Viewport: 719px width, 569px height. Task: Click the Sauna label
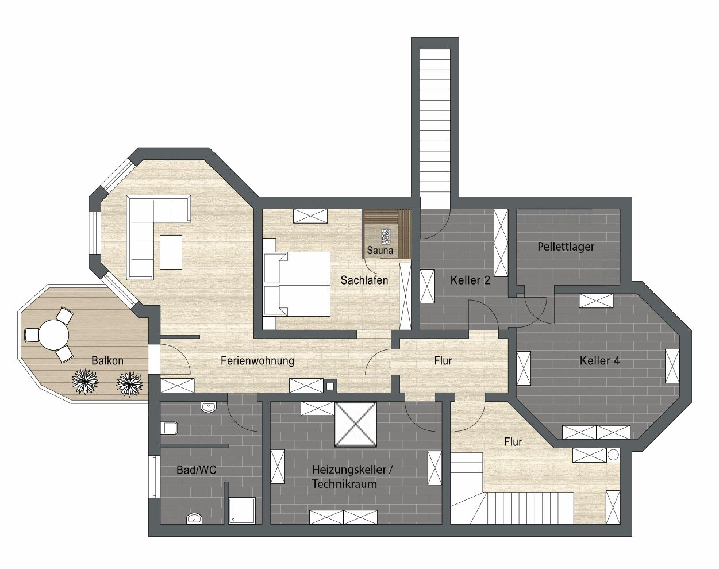click(x=380, y=250)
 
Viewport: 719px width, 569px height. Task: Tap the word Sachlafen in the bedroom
click(x=364, y=280)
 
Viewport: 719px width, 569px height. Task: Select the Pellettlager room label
click(x=566, y=247)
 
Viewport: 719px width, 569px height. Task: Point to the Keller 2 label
click(x=470, y=280)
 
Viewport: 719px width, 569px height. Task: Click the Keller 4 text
click(x=599, y=360)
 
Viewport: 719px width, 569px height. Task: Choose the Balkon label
click(x=107, y=360)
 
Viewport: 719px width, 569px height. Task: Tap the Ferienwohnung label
click(x=257, y=360)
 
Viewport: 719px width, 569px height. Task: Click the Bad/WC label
click(x=197, y=470)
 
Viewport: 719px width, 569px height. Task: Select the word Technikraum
click(x=344, y=484)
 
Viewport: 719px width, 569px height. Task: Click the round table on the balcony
click(x=53, y=335)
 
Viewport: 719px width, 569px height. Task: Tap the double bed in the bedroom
click(x=297, y=284)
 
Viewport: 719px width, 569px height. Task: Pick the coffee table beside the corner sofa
click(x=171, y=252)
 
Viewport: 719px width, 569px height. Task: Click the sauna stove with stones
click(x=386, y=238)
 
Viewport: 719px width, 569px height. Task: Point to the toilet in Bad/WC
click(x=169, y=428)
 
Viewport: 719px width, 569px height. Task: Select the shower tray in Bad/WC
click(x=242, y=511)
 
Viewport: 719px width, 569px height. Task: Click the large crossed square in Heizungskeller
click(x=356, y=424)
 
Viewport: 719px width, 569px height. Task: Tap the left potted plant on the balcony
click(x=85, y=382)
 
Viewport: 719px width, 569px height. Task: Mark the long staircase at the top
click(x=435, y=130)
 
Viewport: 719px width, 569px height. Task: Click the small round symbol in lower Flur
click(x=613, y=455)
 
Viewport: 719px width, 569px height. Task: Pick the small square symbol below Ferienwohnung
click(x=330, y=387)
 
